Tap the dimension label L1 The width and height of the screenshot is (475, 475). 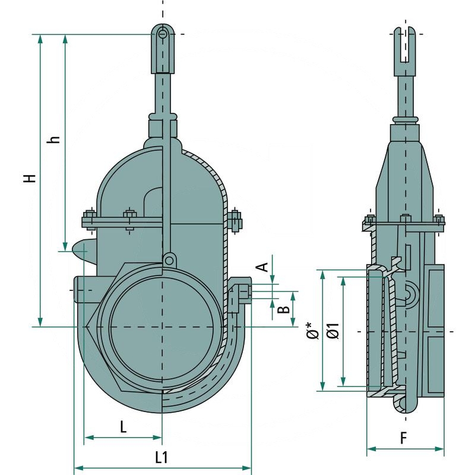[161, 457]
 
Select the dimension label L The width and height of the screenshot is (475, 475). [123, 426]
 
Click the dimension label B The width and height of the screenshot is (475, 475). [284, 309]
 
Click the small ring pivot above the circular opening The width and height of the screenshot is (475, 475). [169, 259]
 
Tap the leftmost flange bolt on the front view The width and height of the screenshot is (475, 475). [89, 218]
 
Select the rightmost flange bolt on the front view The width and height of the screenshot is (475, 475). [236, 220]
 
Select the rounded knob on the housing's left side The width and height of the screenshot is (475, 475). [81, 250]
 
